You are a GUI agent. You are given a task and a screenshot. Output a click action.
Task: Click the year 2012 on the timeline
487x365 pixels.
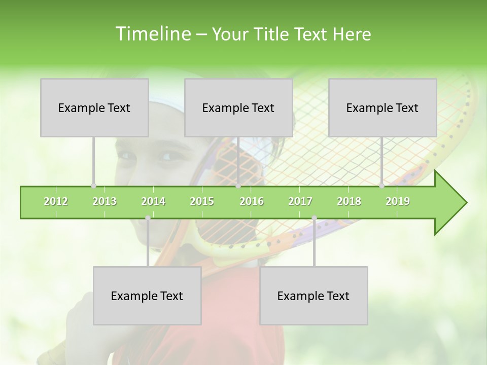[56, 201]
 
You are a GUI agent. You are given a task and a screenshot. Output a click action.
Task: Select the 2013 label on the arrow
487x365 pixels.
[105, 201]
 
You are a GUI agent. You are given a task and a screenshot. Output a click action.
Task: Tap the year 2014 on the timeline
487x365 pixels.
[153, 201]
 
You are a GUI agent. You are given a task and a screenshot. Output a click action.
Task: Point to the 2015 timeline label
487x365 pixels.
[202, 201]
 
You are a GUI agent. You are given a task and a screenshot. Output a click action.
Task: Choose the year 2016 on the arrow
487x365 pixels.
[252, 201]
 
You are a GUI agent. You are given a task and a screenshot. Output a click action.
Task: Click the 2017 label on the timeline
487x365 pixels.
[300, 201]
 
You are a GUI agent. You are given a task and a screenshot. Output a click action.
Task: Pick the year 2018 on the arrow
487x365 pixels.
[349, 201]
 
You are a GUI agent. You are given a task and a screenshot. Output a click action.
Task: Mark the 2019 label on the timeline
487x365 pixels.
[398, 201]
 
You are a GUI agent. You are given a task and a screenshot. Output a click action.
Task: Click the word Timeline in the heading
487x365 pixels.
[152, 34]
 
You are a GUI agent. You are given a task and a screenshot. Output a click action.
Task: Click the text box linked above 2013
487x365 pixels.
[94, 107]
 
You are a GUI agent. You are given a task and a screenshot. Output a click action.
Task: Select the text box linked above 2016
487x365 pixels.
[238, 107]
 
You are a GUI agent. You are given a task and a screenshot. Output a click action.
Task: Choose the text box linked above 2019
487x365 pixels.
[382, 107]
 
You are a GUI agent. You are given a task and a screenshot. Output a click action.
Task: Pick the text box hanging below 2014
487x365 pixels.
[147, 296]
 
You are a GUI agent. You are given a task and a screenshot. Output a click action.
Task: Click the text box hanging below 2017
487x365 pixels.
[314, 296]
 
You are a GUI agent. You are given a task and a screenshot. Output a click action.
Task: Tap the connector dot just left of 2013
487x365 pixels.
[93, 186]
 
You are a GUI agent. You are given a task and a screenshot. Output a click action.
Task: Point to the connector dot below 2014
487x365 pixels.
[148, 218]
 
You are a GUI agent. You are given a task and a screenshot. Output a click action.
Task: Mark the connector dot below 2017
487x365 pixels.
[314, 218]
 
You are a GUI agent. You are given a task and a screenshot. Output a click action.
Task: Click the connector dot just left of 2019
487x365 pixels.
[381, 186]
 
